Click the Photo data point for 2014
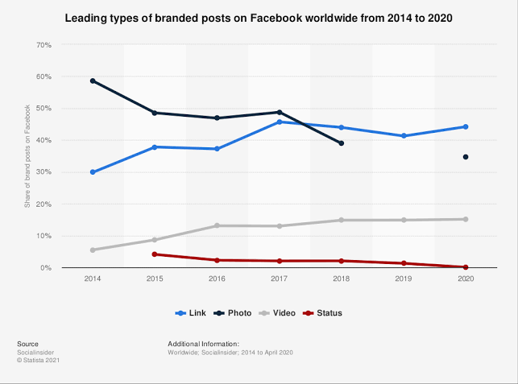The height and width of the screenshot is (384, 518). click(93, 81)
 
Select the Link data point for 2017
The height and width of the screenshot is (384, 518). click(280, 122)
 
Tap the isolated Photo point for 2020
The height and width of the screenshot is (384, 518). click(466, 157)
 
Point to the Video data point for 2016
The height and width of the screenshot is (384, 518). click(217, 225)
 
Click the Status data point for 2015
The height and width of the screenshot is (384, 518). click(155, 254)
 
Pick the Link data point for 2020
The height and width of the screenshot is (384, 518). click(466, 126)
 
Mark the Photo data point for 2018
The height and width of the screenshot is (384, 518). click(342, 143)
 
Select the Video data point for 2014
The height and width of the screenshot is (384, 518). click(93, 250)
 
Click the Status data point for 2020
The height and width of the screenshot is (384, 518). click(466, 267)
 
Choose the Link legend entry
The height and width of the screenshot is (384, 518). click(191, 312)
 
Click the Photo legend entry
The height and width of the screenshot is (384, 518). click(234, 312)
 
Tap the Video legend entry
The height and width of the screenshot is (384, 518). click(279, 312)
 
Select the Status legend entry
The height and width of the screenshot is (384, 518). click(325, 312)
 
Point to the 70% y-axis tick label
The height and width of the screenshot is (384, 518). click(44, 45)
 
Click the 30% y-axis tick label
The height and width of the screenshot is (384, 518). click(44, 172)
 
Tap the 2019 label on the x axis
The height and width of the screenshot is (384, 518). click(404, 278)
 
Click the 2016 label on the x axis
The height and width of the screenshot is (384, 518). click(217, 278)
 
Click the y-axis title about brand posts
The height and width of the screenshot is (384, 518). click(27, 156)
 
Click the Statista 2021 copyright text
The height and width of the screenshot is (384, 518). click(38, 360)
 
